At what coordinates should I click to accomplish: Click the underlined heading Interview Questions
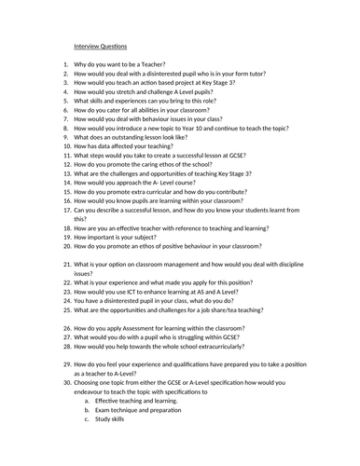(102, 45)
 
